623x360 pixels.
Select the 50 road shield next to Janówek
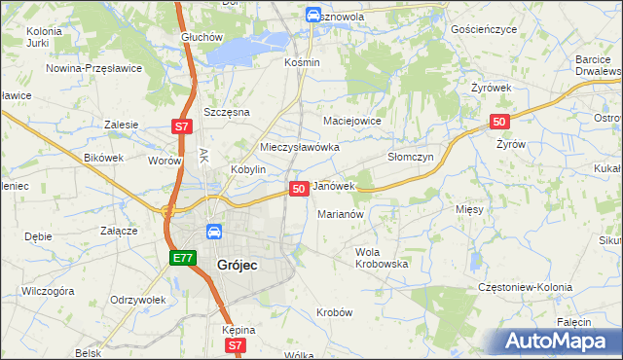(299, 187)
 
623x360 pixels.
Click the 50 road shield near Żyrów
(498, 121)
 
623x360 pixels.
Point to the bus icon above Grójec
(213, 233)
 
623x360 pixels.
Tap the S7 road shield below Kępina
(234, 345)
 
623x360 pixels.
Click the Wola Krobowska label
(381, 258)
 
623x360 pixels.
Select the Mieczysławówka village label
(300, 147)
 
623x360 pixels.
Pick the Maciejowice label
(351, 121)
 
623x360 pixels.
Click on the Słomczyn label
(410, 156)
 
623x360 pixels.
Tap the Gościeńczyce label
(484, 30)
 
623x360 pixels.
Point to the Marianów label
(341, 214)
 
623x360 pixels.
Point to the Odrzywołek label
(135, 300)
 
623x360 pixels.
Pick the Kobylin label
(248, 169)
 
